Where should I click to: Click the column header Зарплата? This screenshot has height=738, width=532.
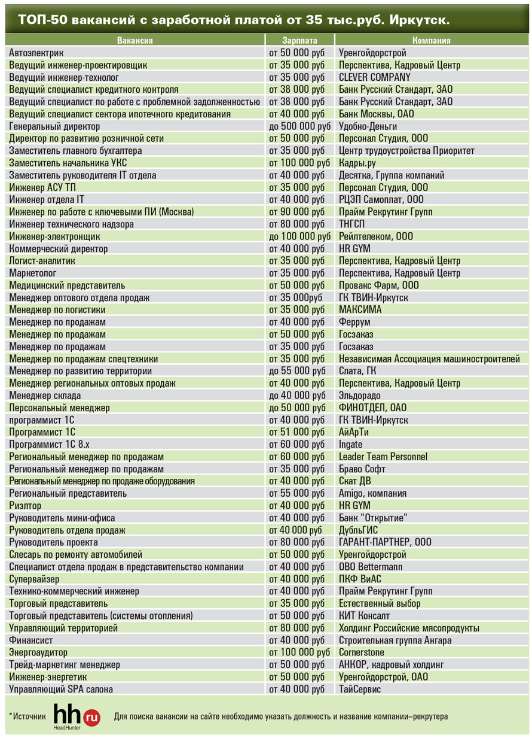coord(299,41)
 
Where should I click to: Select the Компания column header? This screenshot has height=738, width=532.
coord(431,41)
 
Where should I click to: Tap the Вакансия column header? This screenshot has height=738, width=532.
coord(135,41)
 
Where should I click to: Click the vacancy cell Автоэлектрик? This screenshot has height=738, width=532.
coord(36,53)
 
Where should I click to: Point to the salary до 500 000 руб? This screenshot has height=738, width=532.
coord(299,126)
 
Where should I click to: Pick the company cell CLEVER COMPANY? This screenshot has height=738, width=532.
coord(375,77)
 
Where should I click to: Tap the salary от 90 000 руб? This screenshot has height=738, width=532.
coord(297,212)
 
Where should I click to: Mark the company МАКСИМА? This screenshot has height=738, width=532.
coord(360,309)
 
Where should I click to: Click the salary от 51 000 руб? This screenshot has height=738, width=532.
coord(297,432)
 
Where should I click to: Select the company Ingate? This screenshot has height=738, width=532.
coord(351,444)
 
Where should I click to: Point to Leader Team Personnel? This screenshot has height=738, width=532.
coord(383,457)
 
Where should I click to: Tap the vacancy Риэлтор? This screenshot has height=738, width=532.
coord(25,505)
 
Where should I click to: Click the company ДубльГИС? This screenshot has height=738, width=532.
coord(359,530)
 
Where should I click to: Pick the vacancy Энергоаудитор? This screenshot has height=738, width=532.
coord(38,652)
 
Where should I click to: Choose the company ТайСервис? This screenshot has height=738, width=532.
coord(360,689)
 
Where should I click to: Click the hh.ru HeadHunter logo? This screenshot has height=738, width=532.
coord(77,716)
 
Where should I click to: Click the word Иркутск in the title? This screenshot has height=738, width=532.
coord(419,20)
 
